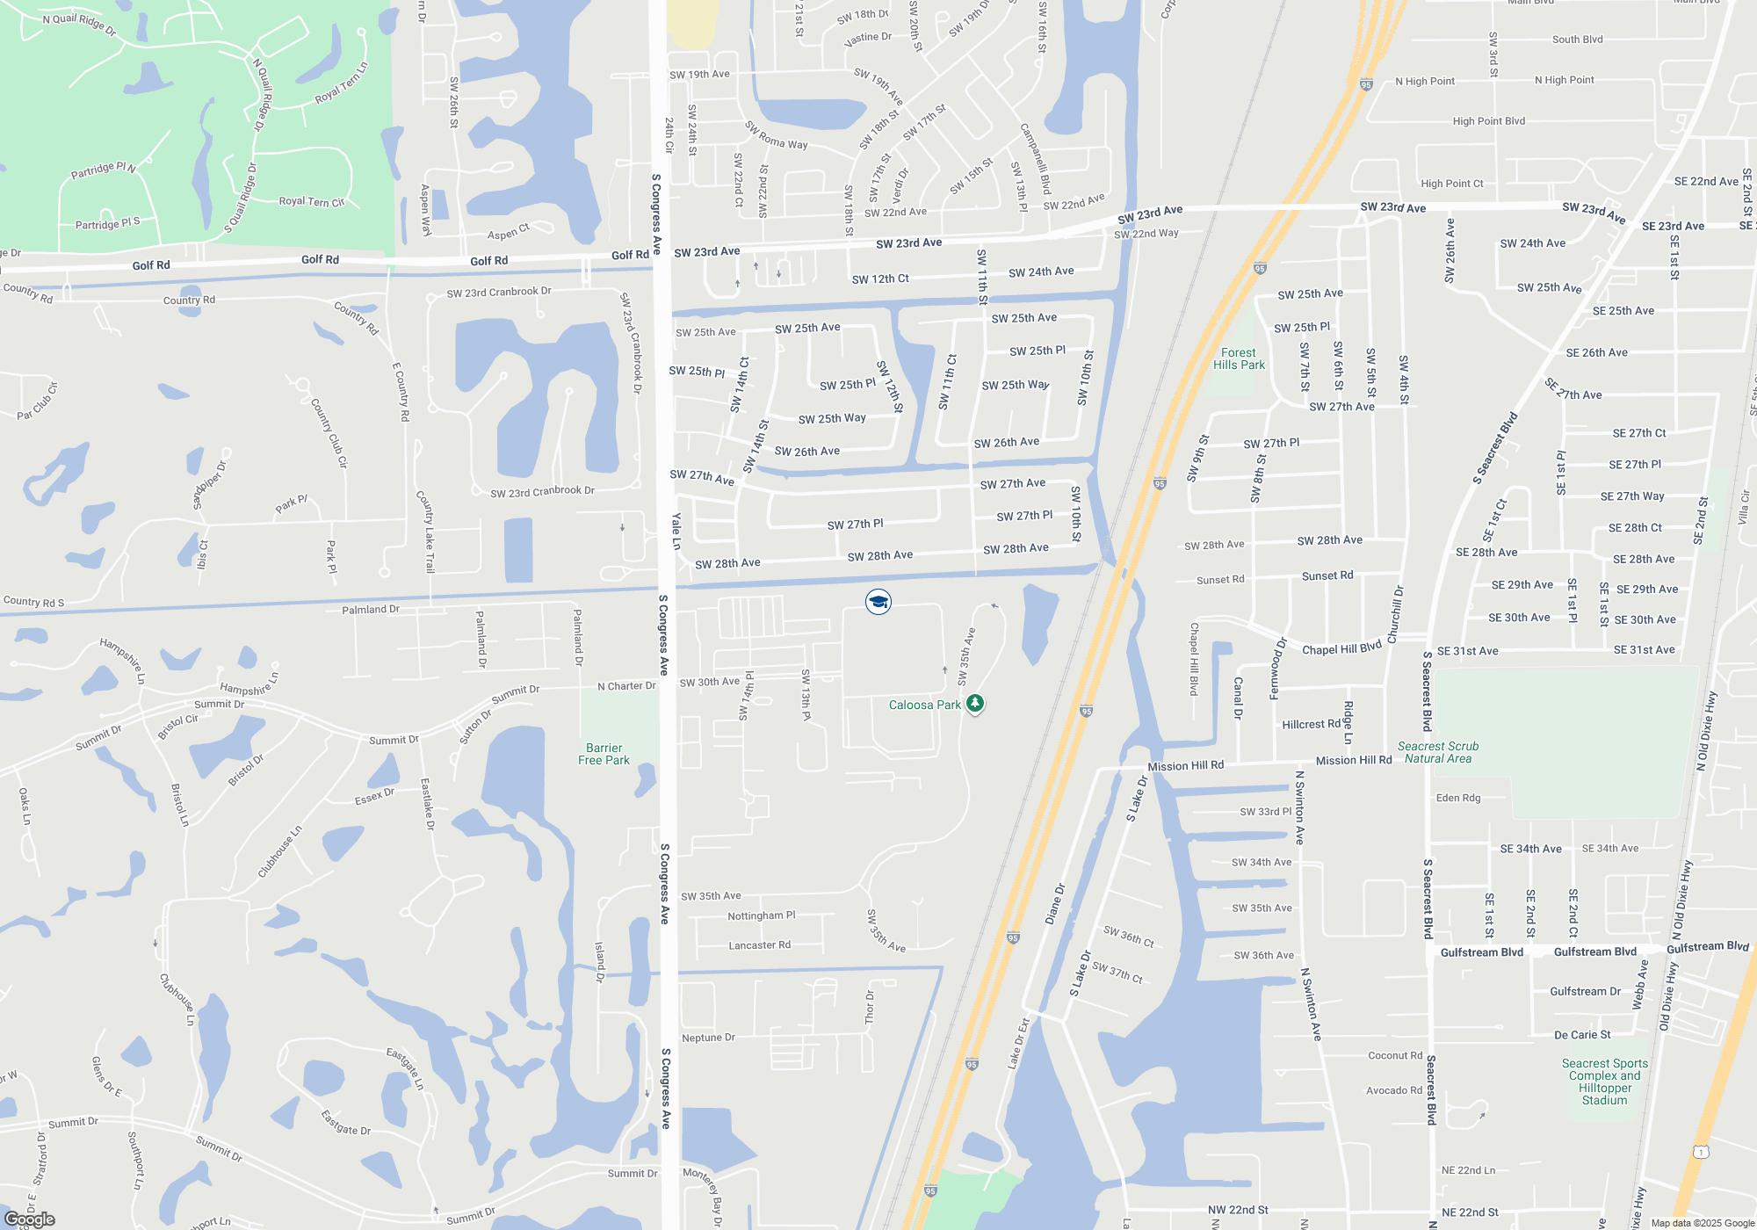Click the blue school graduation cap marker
(x=878, y=602)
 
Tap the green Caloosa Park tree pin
(x=974, y=703)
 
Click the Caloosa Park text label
(x=924, y=705)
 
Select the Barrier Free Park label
(x=604, y=754)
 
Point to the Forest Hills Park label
(x=1239, y=358)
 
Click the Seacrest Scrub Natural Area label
(x=1438, y=752)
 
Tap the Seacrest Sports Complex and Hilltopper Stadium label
(x=1605, y=1082)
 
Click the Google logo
(x=30, y=1219)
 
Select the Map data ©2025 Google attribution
(x=1702, y=1223)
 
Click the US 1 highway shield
(x=1701, y=1151)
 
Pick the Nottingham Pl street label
(x=761, y=915)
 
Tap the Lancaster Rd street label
(x=759, y=945)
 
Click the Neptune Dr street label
(x=708, y=1038)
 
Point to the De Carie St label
(x=1582, y=1035)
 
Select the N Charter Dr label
(x=626, y=686)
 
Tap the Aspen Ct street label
(x=509, y=232)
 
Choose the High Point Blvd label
(x=1488, y=121)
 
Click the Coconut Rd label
(x=1395, y=1056)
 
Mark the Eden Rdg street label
(x=1458, y=798)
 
